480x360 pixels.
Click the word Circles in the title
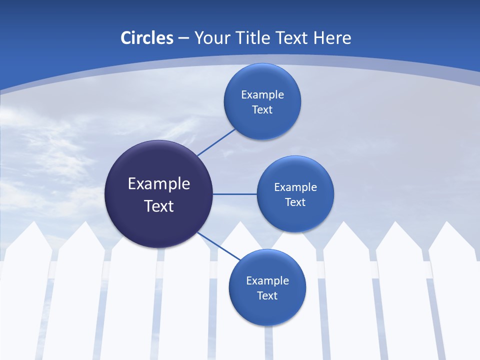[x=146, y=38]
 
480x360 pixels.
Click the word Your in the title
[x=212, y=38]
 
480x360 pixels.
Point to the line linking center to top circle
[x=216, y=142]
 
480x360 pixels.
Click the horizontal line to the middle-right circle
[x=235, y=194]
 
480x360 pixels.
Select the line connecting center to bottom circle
[x=219, y=246]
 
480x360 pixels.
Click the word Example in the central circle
[x=159, y=184]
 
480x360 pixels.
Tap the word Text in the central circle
[x=159, y=206]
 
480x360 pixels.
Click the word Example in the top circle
[x=262, y=95]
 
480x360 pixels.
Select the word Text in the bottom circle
[x=267, y=296]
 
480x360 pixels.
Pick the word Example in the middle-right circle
[x=295, y=187]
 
